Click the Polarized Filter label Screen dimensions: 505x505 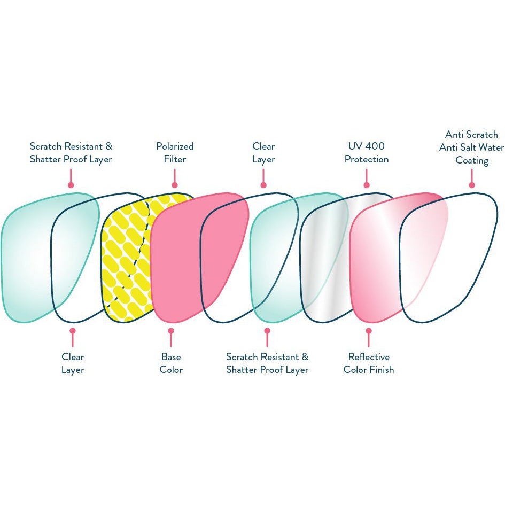pos(175,153)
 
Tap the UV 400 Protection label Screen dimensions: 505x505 pos(367,153)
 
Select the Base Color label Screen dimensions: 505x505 pos(171,363)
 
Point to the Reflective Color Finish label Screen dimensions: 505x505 pos(369,363)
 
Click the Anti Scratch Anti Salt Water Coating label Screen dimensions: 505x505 pos(472,147)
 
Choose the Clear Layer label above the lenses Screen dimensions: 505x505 pos(263,153)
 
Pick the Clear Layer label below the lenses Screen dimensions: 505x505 pos(73,363)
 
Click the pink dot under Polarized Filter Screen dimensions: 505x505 pos(175,185)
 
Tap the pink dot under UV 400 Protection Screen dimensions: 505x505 pos(367,185)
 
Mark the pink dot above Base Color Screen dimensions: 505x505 pos(171,331)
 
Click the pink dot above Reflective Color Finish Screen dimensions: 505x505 pos(369,331)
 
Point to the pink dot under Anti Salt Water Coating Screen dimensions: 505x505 pos(472,185)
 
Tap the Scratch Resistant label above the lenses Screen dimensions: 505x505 pos(71,153)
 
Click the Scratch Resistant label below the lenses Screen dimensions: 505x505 pos(267,363)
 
